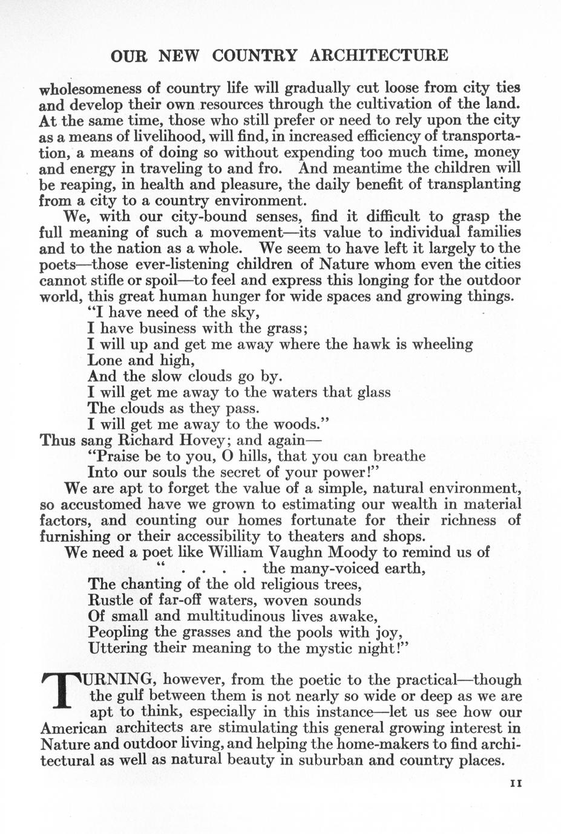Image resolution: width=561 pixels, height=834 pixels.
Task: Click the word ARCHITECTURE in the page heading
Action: coord(379,56)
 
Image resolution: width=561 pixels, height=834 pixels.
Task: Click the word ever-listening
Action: coord(182,264)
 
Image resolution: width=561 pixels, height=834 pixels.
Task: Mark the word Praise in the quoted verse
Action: coord(122,456)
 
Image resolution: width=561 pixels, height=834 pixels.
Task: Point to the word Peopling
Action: coord(118,633)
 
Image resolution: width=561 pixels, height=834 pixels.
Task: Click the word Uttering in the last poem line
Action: coord(118,648)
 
